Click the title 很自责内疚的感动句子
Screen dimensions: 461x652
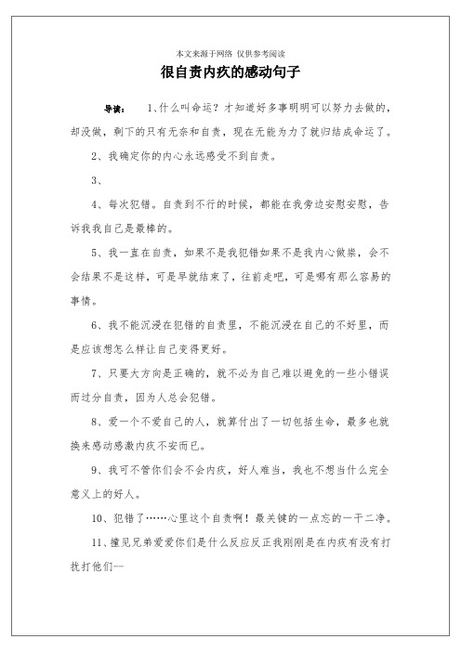point(230,71)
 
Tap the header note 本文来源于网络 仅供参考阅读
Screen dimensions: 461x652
point(230,52)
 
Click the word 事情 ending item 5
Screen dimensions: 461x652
point(72,300)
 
